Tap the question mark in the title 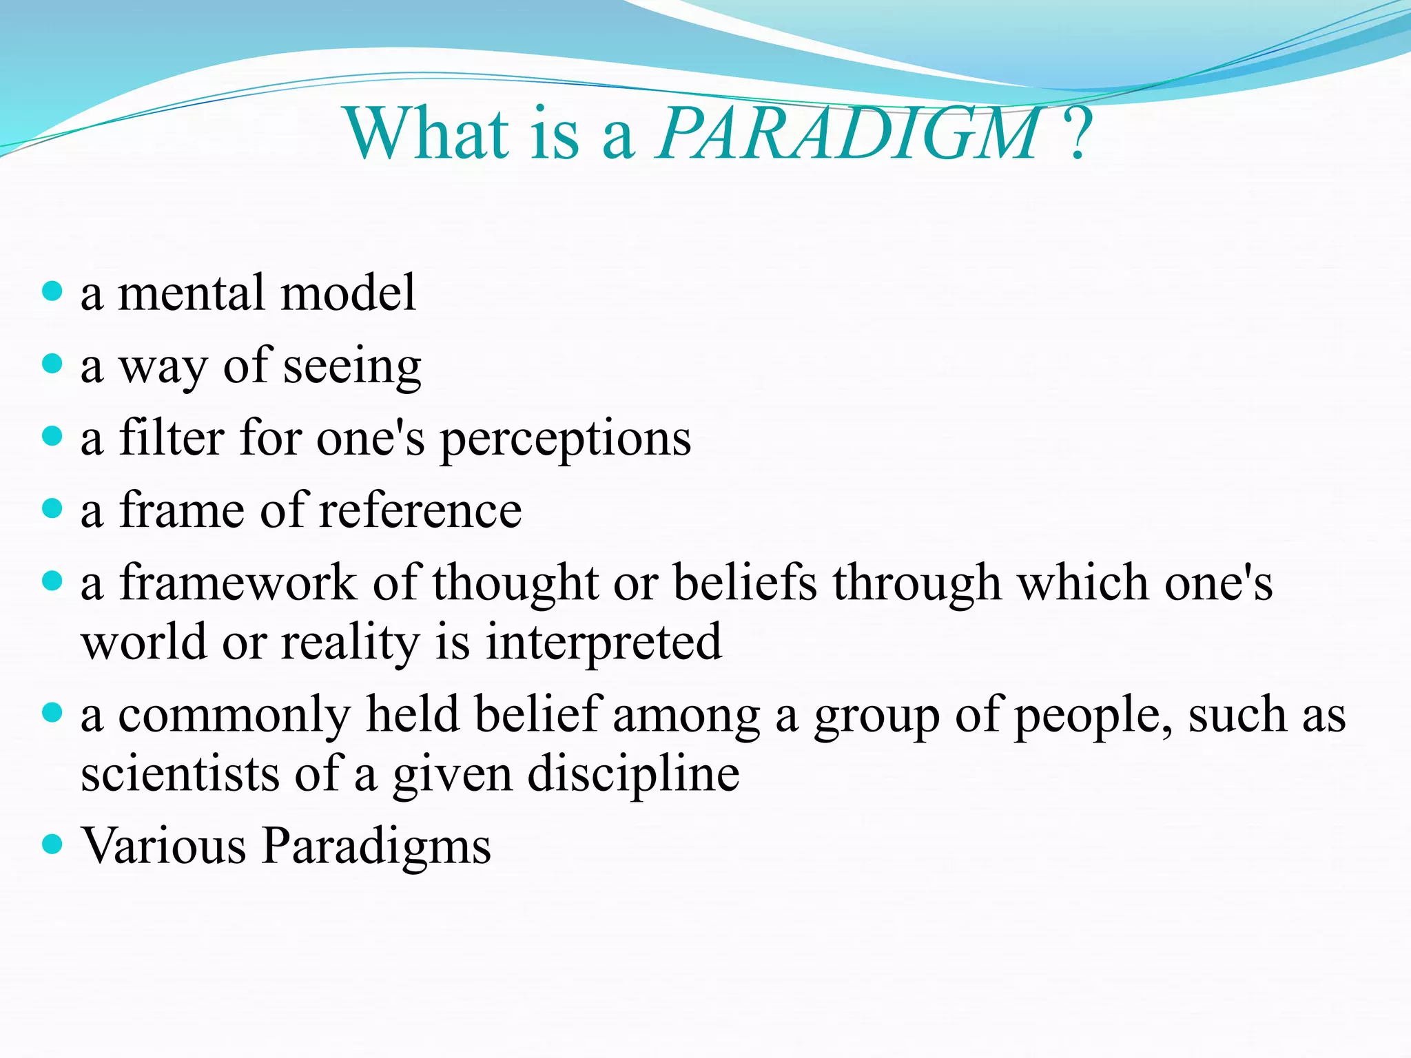(x=1078, y=134)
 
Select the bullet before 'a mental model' (x=52, y=291)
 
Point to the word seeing (x=352, y=367)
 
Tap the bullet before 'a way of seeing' (x=52, y=363)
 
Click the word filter (x=172, y=438)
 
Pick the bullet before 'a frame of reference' (x=52, y=508)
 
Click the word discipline (x=633, y=775)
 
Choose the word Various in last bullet (x=164, y=846)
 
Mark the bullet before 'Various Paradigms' (x=52, y=843)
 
